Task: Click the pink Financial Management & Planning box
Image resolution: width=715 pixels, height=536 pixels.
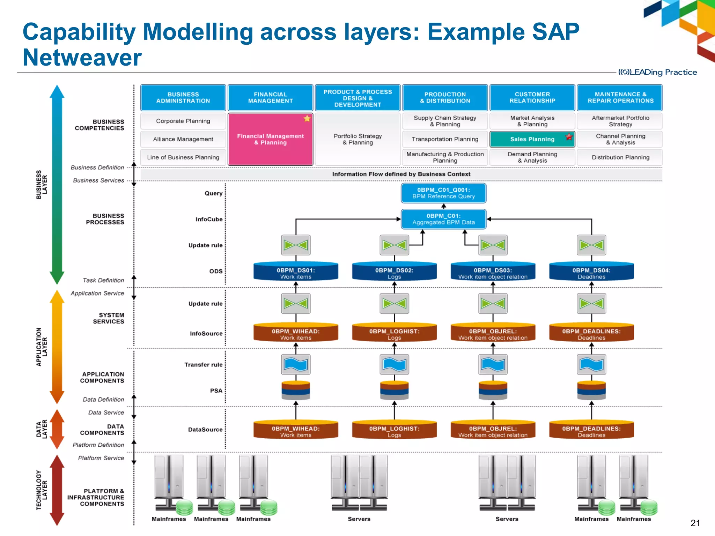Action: (x=270, y=140)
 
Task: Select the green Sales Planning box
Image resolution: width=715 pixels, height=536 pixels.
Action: (x=532, y=139)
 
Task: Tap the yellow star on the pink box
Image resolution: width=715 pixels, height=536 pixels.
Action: (x=307, y=118)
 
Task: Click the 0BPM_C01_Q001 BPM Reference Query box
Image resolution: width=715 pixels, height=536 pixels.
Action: (x=443, y=193)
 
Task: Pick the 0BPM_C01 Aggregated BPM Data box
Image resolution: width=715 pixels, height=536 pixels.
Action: (x=443, y=219)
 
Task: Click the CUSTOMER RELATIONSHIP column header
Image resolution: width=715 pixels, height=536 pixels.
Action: (x=532, y=98)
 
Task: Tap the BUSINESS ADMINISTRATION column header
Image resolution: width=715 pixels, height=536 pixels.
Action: (x=183, y=98)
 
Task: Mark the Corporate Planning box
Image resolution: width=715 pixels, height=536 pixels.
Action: (x=183, y=121)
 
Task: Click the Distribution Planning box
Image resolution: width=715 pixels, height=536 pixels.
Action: (x=620, y=157)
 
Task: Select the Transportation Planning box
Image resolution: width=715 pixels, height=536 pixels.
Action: (x=445, y=139)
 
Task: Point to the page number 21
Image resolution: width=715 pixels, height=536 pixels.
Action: (x=695, y=523)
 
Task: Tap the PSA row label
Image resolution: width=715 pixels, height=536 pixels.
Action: (x=216, y=390)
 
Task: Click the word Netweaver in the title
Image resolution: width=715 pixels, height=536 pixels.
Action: (x=82, y=58)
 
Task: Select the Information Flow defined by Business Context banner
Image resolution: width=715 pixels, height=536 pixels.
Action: (x=401, y=174)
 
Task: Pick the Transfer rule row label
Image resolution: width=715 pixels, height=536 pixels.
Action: (x=203, y=365)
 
